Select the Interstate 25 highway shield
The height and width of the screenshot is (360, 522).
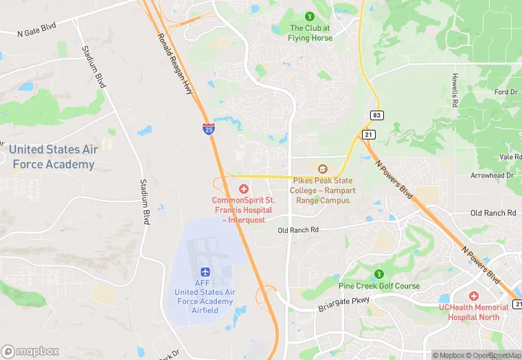point(208,128)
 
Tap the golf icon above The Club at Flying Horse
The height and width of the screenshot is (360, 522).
point(310,15)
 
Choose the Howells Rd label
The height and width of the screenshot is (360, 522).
point(455,90)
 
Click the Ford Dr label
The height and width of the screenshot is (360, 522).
point(506,92)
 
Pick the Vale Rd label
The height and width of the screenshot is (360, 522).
point(510,157)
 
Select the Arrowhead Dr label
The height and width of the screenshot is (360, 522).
point(492,176)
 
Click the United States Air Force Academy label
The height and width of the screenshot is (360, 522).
point(52,157)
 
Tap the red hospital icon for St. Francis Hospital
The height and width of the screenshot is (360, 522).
point(243,188)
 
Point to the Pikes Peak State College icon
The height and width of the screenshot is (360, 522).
point(322,169)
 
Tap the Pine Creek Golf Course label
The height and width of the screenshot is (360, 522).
point(379,286)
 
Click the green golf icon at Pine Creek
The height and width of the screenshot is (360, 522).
point(378,274)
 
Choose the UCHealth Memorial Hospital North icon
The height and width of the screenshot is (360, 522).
point(474,295)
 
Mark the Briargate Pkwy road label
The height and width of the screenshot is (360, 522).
point(343,304)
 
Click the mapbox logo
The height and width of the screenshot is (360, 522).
point(30,351)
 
